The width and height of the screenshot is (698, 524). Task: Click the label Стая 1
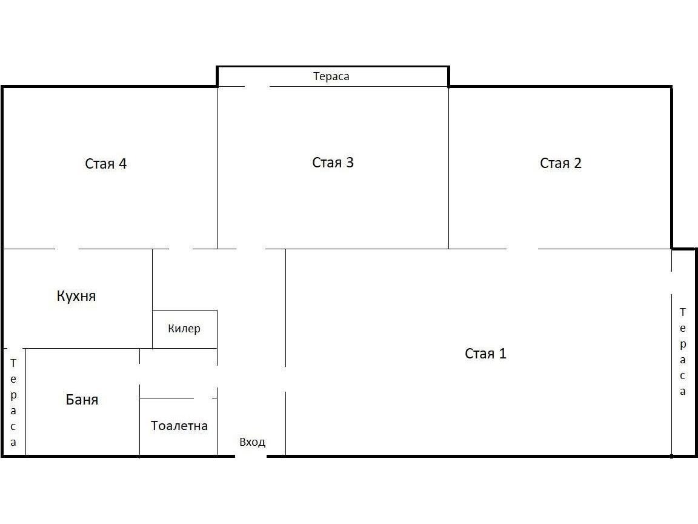pos(485,354)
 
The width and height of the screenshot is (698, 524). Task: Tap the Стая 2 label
pos(560,163)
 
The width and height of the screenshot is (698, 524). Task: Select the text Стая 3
pos(333,162)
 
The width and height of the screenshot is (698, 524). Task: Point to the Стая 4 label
pos(105,164)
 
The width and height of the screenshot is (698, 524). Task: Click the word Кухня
pos(76,296)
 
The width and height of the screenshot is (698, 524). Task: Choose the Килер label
pos(184,328)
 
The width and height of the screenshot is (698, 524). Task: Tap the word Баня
pos(82,399)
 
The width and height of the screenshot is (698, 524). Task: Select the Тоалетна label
pos(179,426)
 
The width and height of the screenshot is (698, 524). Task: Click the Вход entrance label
pos(253,442)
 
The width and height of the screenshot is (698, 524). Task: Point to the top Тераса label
pos(331,76)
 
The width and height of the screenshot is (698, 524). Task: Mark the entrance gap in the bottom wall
pos(251,456)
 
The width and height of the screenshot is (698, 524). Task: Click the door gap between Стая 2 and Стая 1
pos(522,249)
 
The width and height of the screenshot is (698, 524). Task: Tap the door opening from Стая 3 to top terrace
pos(258,87)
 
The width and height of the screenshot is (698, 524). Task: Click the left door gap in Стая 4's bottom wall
pos(67,249)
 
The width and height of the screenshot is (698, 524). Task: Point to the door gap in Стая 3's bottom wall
pos(251,249)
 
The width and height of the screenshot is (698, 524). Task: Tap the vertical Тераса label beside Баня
pos(13,402)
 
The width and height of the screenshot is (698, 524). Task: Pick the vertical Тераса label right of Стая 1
pos(682,352)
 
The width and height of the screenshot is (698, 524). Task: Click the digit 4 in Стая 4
pos(122,164)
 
